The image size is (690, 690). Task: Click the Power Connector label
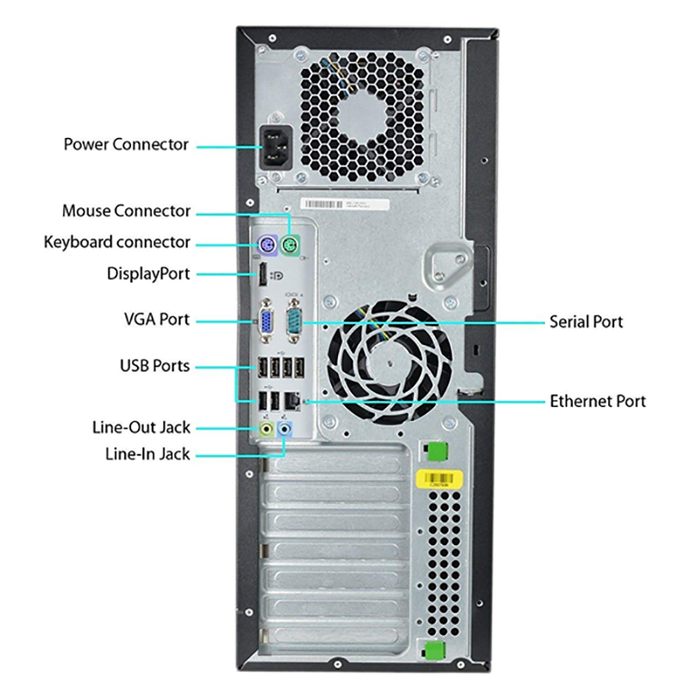click(126, 144)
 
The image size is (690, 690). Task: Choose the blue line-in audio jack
click(287, 428)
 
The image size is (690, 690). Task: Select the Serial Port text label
click(586, 323)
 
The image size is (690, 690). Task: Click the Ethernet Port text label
click(597, 401)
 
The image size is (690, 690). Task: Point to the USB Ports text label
click(154, 366)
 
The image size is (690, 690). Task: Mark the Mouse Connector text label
click(126, 210)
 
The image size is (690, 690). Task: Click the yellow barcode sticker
click(441, 480)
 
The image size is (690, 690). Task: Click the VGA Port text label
click(156, 319)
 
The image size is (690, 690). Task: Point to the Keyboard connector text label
click(117, 242)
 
